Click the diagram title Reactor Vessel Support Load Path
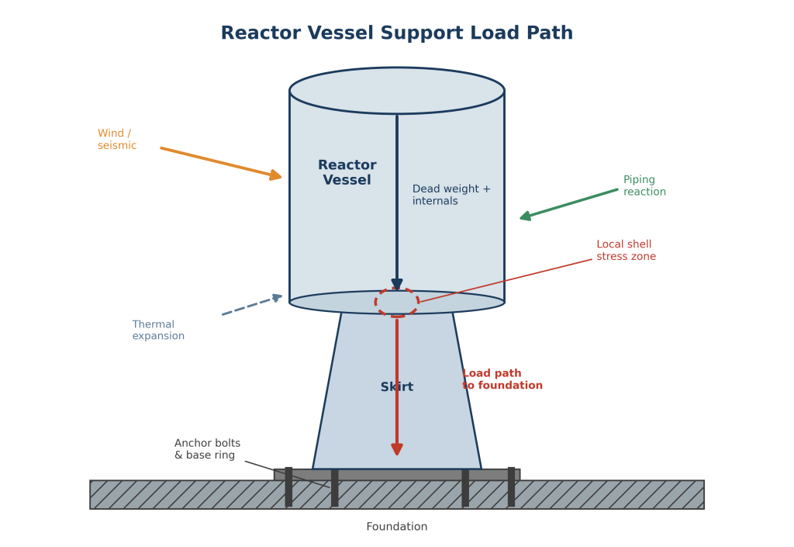(397, 33)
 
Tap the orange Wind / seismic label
(117, 140)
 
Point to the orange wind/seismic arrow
(221, 163)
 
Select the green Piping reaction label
(644, 185)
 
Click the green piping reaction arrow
(568, 204)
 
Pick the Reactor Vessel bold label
(347, 172)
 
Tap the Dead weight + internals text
(451, 195)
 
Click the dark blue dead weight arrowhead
(397, 284)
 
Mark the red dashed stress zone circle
(397, 289)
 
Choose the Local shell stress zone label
(626, 250)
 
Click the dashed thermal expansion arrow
(252, 305)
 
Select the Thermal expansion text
(158, 330)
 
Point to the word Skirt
(397, 387)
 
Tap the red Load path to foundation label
(502, 379)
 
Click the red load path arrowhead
(397, 449)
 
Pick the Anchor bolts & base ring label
(207, 449)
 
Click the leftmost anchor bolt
(288, 486)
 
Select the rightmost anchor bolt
(512, 486)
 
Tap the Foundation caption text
(397, 527)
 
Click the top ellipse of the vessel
(397, 68)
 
